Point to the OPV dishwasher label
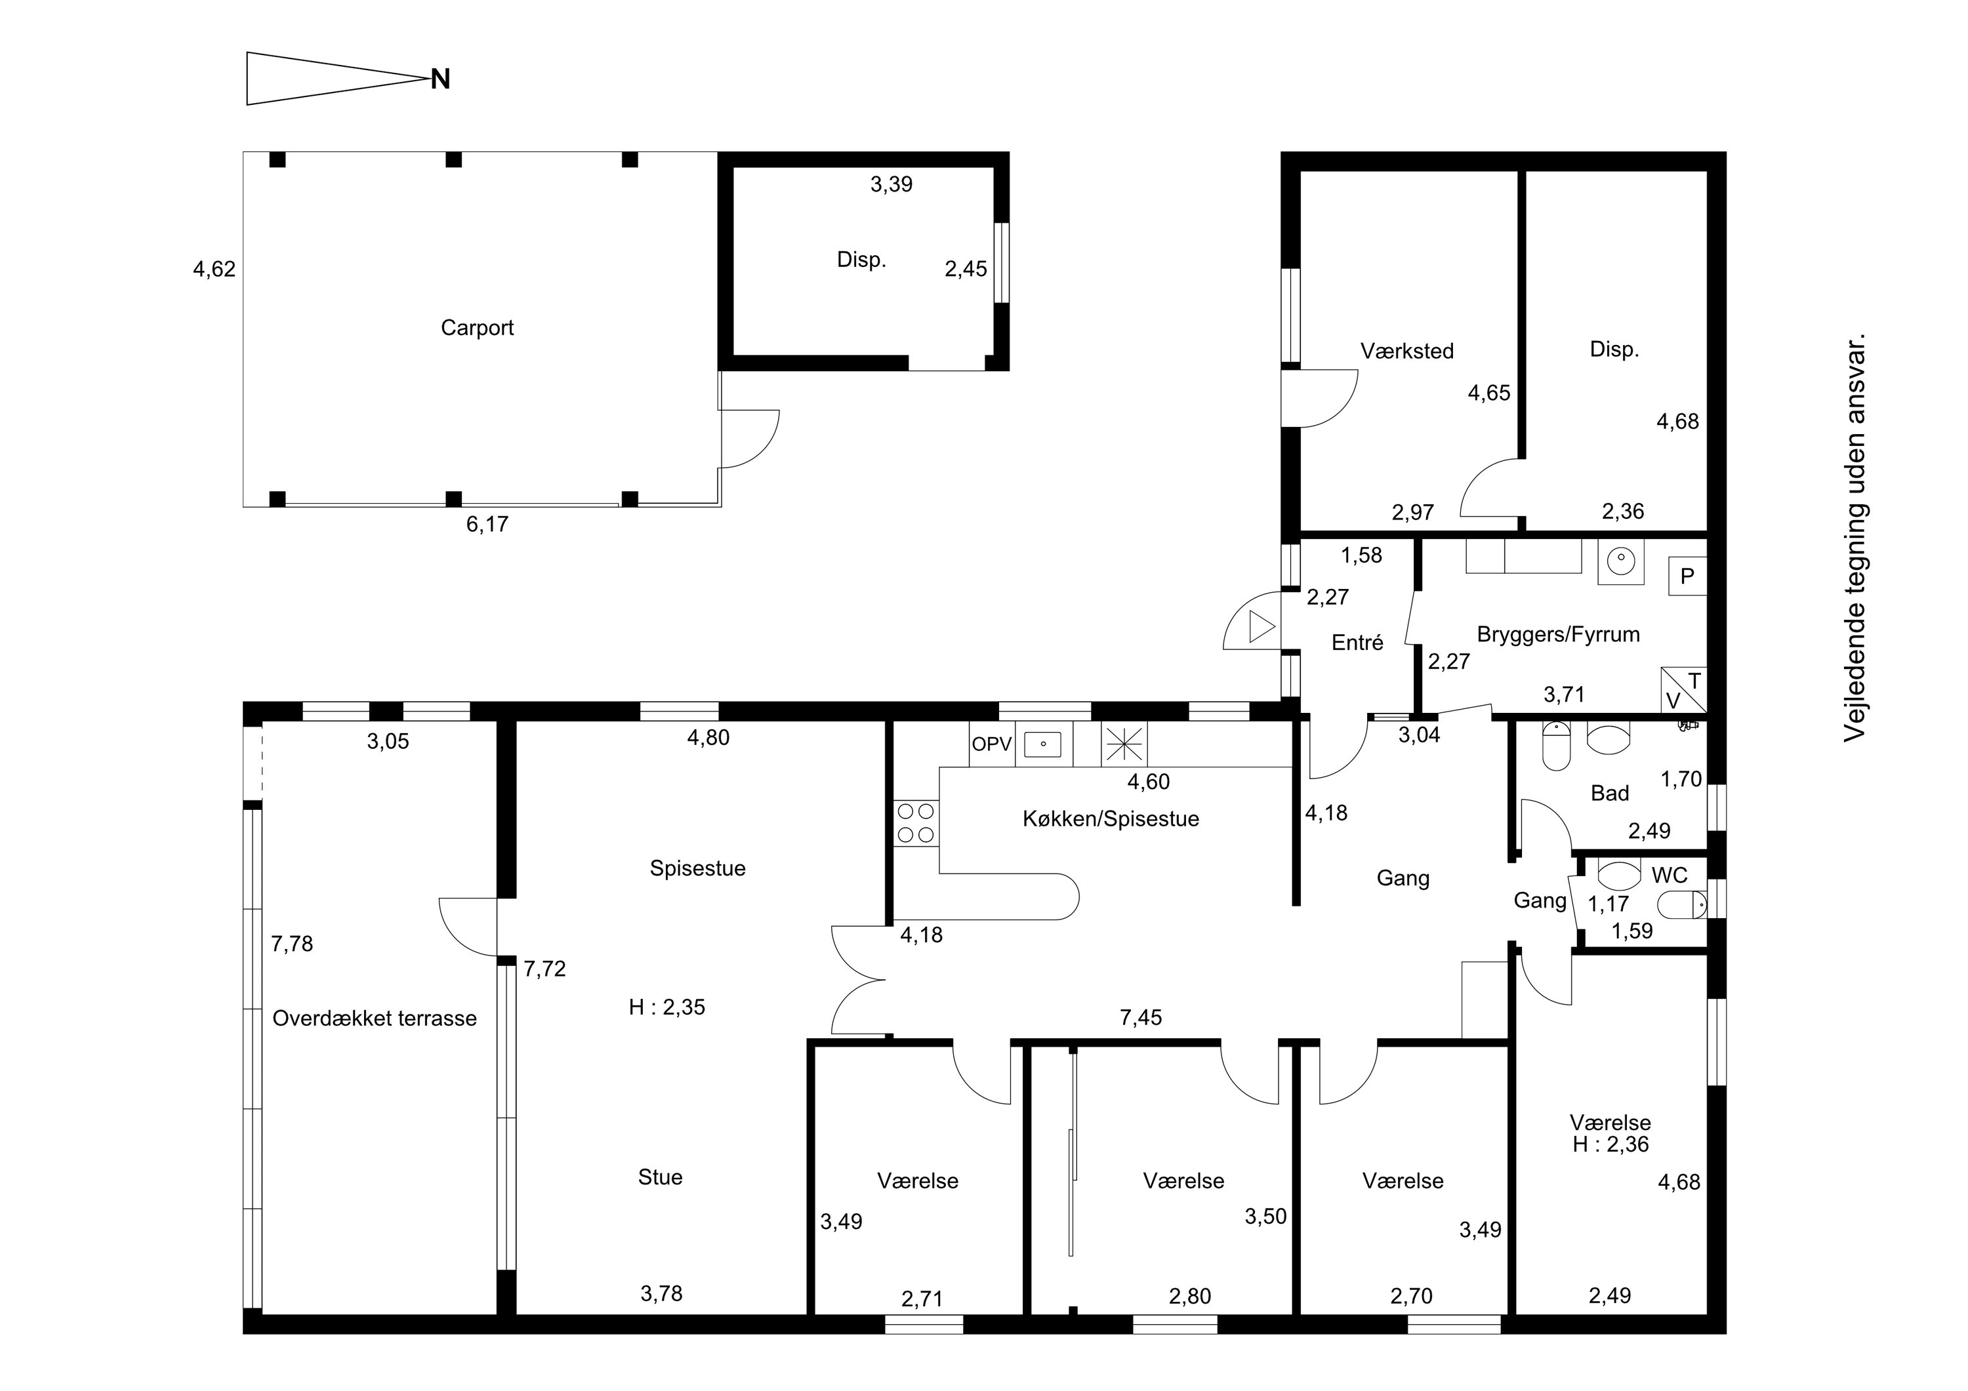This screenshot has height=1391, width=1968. [992, 744]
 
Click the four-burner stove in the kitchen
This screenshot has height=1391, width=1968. [915, 823]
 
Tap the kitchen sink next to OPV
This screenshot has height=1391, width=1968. [1043, 744]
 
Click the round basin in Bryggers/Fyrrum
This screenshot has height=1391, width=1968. [1621, 562]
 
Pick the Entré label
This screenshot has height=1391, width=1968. [1358, 642]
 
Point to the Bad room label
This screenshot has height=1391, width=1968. [1610, 793]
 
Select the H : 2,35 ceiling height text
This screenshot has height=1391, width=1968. [667, 1007]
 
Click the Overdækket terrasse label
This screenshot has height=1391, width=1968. [375, 1018]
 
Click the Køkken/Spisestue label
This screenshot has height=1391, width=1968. [1111, 818]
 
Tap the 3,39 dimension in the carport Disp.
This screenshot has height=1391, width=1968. [892, 184]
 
